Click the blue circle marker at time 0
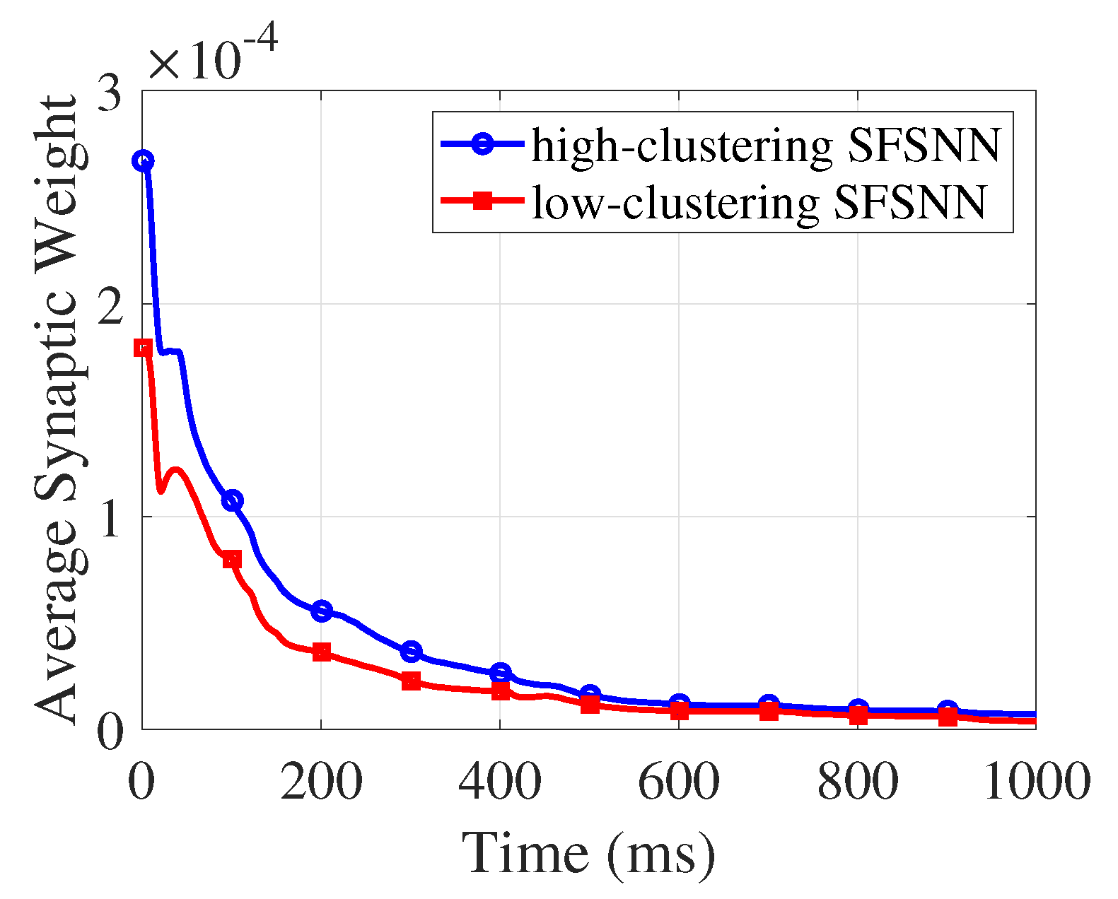pyautogui.click(x=143, y=161)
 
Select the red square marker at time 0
pyautogui.click(x=143, y=347)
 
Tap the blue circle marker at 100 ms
pyautogui.click(x=232, y=500)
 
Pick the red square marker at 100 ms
pyautogui.click(x=232, y=560)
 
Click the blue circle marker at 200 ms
pyautogui.click(x=322, y=611)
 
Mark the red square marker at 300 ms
pyautogui.click(x=411, y=681)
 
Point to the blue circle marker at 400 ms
pyautogui.click(x=500, y=672)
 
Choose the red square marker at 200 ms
pyautogui.click(x=322, y=652)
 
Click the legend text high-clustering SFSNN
pyautogui.click(x=766, y=145)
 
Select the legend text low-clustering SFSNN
pyautogui.click(x=759, y=202)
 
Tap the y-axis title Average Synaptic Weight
pyautogui.click(x=57, y=410)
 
